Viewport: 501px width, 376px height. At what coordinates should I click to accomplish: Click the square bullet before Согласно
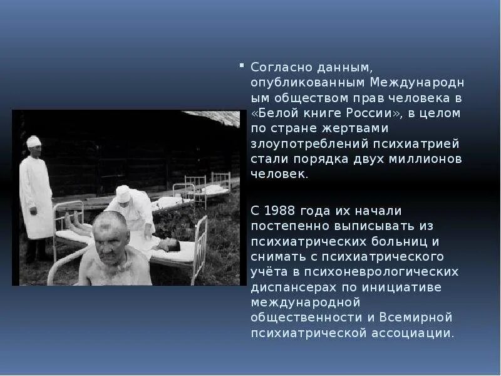(242, 66)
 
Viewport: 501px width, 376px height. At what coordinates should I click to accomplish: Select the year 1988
(278, 210)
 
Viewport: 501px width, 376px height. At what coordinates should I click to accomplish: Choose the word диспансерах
(289, 287)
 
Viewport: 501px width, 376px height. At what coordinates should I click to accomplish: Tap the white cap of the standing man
(34, 141)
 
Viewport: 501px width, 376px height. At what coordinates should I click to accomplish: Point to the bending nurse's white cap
(124, 193)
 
